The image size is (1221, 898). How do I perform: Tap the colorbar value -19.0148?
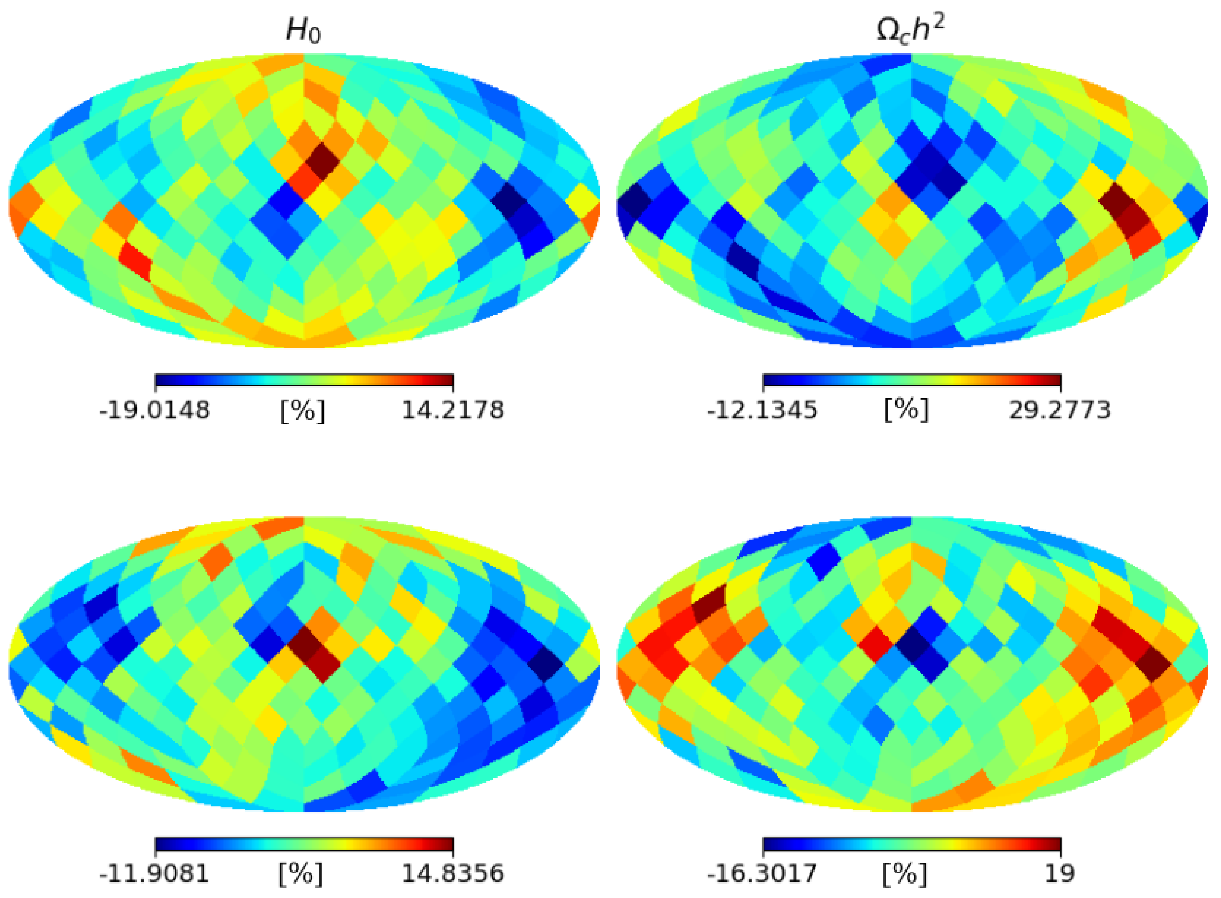click(154, 410)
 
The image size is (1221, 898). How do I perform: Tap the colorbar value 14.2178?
click(453, 410)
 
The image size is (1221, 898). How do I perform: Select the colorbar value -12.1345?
click(762, 410)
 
